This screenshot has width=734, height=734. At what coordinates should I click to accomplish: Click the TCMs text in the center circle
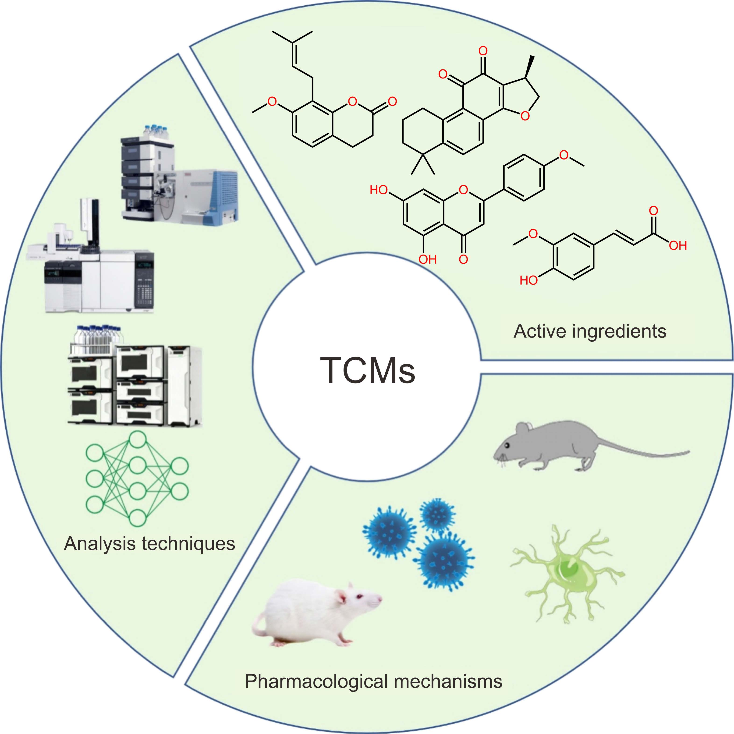tap(368, 370)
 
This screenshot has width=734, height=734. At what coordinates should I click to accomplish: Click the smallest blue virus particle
tap(437, 515)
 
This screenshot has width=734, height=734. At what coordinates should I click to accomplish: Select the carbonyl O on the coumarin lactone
tap(392, 101)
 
